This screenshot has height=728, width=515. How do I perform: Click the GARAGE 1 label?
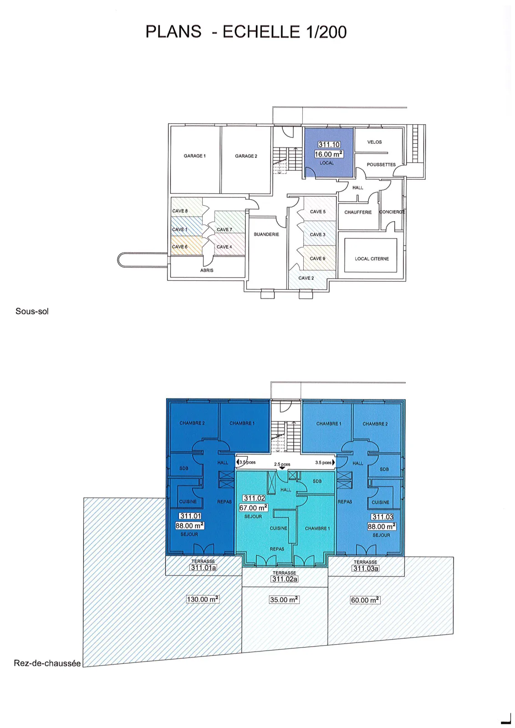194,156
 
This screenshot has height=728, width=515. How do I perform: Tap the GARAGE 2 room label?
246,156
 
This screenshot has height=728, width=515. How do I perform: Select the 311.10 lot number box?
329,145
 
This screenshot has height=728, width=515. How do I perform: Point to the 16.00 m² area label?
329,154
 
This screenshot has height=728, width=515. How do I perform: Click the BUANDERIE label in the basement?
266,234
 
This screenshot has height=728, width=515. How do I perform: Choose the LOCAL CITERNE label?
372,259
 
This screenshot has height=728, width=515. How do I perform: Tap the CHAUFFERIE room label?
358,212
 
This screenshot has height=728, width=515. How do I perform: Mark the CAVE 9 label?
317,258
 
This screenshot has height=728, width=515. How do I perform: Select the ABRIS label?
207,270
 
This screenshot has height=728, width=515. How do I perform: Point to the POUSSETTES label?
381,164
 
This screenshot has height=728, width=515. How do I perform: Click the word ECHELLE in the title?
261,32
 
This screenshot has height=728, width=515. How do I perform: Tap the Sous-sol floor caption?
32,311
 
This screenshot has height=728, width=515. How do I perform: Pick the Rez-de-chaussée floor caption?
47,663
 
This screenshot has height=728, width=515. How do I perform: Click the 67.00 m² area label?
254,508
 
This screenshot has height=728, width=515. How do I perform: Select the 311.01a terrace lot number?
203,567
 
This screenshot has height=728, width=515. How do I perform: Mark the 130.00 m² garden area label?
203,599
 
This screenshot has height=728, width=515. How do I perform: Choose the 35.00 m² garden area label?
284,600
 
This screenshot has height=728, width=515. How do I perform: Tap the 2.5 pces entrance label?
282,464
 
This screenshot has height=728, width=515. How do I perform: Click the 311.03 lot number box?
382,517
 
